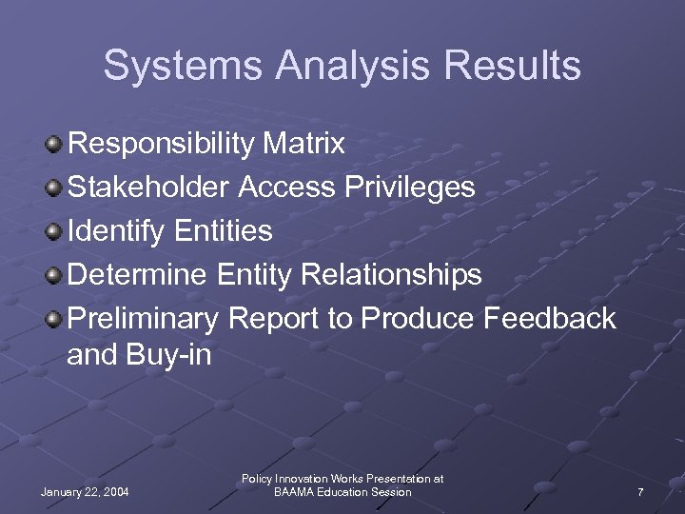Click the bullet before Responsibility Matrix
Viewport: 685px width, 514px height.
pos(55,145)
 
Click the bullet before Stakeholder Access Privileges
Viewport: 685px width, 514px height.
pos(55,188)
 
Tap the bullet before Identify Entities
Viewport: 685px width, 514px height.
pos(55,231)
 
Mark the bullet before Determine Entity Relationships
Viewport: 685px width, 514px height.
pos(55,275)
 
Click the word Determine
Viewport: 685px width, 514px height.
pos(137,275)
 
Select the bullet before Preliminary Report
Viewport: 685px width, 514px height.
pos(55,319)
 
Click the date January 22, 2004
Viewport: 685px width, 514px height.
pos(86,492)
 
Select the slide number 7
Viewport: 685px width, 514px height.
pos(640,492)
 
